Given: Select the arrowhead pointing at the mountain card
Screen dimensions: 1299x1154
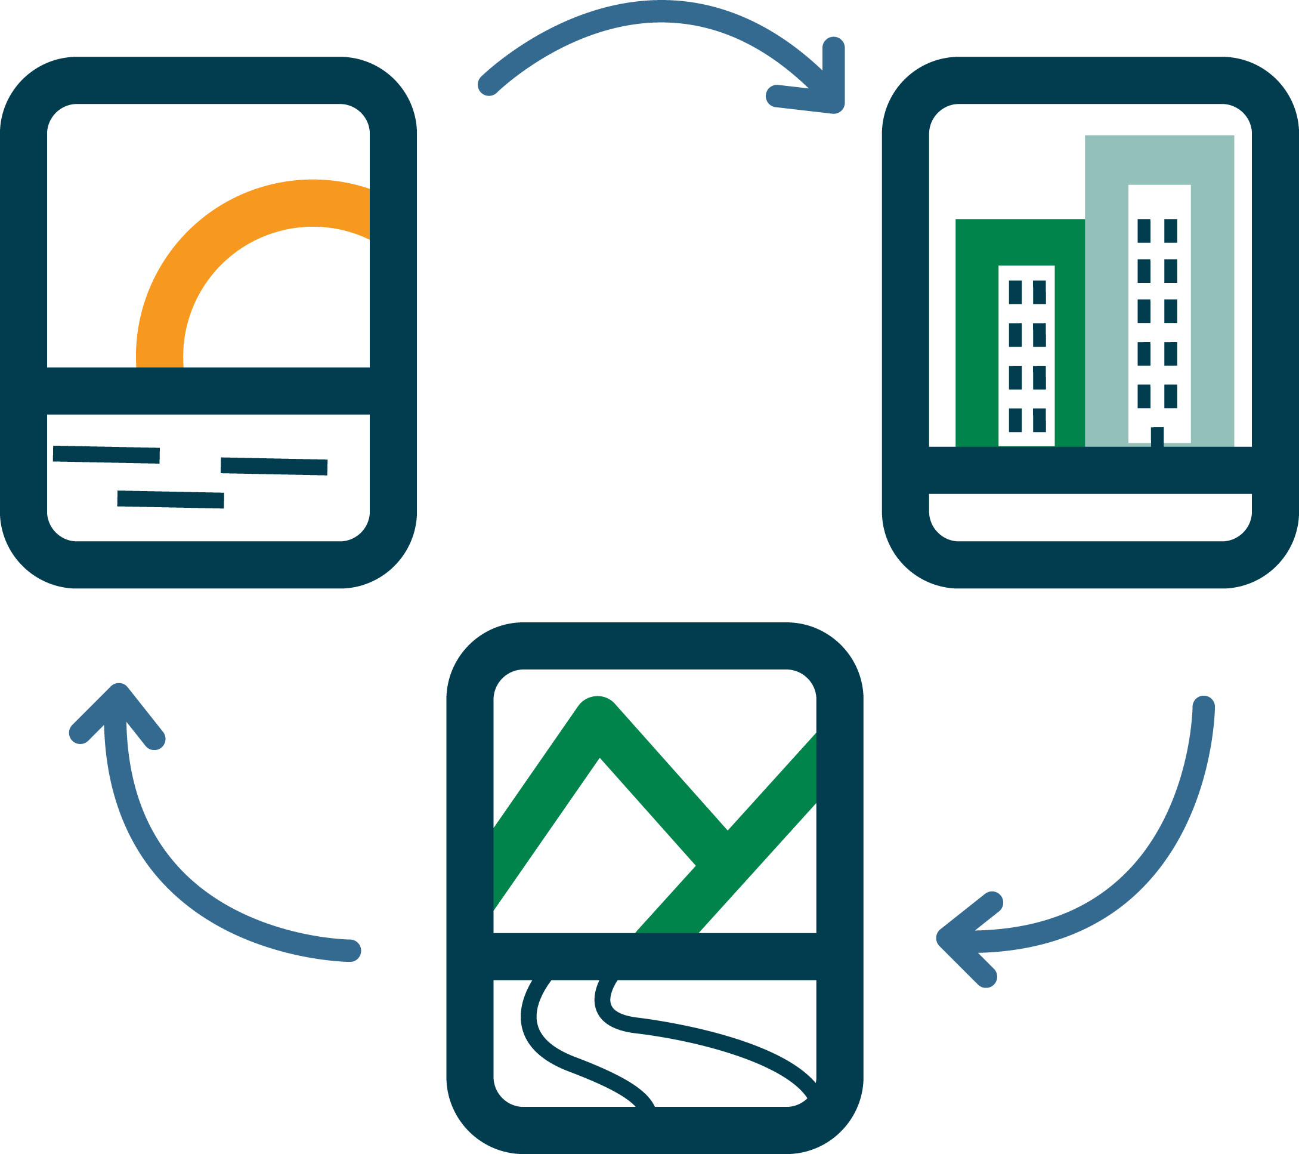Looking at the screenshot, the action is (960, 938).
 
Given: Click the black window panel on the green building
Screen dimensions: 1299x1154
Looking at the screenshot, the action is (1026, 356).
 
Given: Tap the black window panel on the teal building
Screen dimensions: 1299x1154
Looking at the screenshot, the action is (1159, 311).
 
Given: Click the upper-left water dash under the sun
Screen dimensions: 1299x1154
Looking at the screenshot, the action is (106, 454).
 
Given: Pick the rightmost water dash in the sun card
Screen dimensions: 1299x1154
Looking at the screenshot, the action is (274, 466).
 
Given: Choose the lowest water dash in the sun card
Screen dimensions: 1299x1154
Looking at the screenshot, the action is (171, 500).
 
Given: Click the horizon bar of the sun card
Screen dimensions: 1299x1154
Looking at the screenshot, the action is (209, 390).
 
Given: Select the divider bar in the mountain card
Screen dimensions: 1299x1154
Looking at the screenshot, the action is (655, 956).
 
